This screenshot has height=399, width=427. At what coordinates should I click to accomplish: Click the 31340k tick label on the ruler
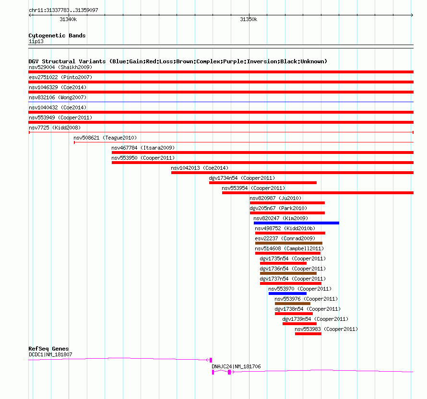pyautogui.click(x=68, y=19)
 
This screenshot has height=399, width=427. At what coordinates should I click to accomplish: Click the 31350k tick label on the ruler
pyautogui.click(x=249, y=19)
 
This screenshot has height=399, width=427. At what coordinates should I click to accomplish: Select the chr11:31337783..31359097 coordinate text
pyautogui.click(x=63, y=10)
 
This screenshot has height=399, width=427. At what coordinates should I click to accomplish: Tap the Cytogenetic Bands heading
pyautogui.click(x=57, y=35)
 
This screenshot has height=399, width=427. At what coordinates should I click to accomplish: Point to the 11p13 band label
pyautogui.click(x=36, y=42)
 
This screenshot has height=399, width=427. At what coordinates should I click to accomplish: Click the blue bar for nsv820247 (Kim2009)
pyautogui.click(x=296, y=223)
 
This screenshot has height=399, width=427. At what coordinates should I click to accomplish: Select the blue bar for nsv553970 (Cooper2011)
pyautogui.click(x=287, y=293)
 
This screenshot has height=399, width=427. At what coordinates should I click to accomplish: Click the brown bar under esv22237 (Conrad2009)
pyautogui.click(x=288, y=243)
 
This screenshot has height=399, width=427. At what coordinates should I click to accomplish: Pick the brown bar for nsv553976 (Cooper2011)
pyautogui.click(x=292, y=304)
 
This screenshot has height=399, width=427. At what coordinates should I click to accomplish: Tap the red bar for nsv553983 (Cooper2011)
pyautogui.click(x=308, y=334)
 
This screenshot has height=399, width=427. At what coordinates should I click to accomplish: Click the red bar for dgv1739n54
pyautogui.click(x=299, y=324)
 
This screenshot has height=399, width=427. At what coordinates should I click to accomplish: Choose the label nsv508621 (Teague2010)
pyautogui.click(x=105, y=138)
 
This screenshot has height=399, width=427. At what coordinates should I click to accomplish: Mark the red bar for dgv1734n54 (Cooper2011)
pyautogui.click(x=262, y=183)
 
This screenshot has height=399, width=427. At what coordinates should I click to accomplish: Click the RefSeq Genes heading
pyautogui.click(x=48, y=349)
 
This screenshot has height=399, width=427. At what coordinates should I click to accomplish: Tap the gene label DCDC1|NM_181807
pyautogui.click(x=50, y=354)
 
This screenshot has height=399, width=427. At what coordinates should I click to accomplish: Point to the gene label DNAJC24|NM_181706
pyautogui.click(x=236, y=366)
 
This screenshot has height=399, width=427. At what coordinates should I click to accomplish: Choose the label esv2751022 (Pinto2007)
pyautogui.click(x=60, y=77)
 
